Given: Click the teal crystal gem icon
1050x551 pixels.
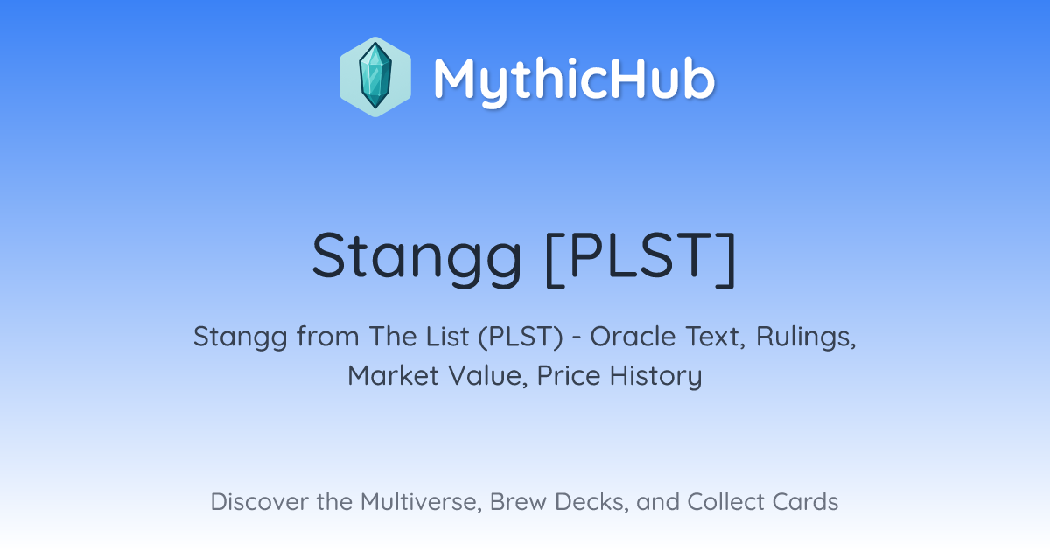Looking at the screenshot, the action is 375,76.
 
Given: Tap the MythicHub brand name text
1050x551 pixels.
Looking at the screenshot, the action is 575,80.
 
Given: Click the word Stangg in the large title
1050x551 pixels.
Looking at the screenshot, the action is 416,259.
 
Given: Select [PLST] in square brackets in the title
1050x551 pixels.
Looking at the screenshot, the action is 641,258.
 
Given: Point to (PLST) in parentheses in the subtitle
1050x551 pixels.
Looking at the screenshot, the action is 521,337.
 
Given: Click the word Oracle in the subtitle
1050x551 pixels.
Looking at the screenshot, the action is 633,337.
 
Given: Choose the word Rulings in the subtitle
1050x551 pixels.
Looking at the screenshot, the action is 806,338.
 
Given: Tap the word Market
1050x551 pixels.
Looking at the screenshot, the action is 393,375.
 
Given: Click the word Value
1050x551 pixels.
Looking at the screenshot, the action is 488,376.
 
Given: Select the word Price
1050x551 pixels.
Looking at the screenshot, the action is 569,375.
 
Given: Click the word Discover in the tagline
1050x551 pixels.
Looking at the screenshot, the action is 259,501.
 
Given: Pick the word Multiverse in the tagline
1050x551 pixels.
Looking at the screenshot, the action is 422,502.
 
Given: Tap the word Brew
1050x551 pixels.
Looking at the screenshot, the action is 518,501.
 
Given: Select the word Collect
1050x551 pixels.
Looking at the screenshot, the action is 725,501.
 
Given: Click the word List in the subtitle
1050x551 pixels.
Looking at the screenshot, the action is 448,337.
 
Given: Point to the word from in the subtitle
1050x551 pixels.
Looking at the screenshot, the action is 327,337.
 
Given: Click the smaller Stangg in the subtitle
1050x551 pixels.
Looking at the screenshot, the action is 241,338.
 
